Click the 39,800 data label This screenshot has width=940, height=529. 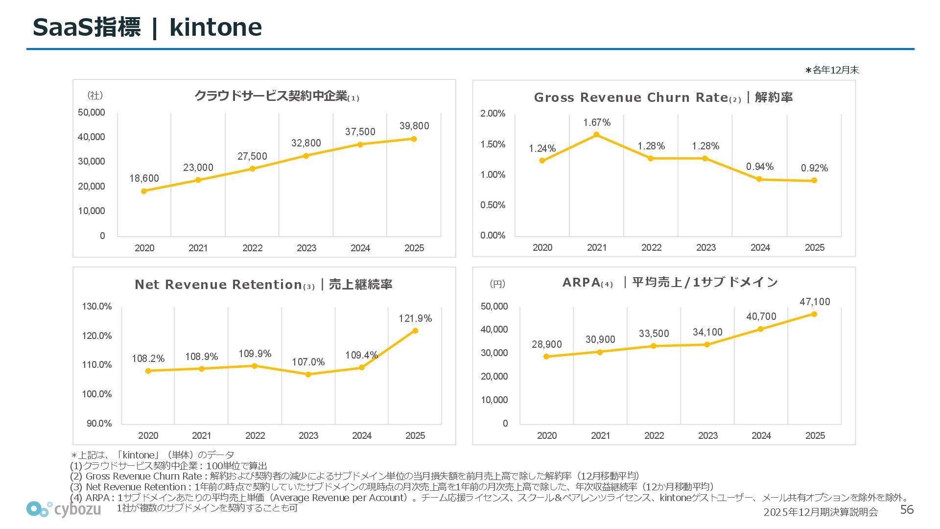[x=414, y=126]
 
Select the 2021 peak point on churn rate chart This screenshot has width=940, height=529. [x=596, y=135]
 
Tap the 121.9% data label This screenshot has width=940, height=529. [x=415, y=318]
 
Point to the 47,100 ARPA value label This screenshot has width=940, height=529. [x=815, y=302]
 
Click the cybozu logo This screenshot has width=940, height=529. [x=64, y=509]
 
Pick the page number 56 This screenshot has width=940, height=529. [x=907, y=510]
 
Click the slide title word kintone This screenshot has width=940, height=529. [x=215, y=27]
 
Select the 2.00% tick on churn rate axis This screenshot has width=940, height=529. [x=493, y=114]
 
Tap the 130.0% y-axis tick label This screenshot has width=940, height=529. [x=97, y=307]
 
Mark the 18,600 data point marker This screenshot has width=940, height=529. [x=144, y=191]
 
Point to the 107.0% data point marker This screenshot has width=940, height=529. [x=308, y=374]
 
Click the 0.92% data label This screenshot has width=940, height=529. [x=814, y=168]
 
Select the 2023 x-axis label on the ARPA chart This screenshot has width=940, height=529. [x=707, y=435]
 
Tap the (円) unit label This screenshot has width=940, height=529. [x=497, y=284]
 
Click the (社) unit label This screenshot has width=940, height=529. [x=95, y=96]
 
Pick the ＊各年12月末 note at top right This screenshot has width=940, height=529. [x=832, y=70]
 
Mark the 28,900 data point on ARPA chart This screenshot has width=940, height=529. [x=546, y=357]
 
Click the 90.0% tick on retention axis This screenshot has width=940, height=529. [x=99, y=423]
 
